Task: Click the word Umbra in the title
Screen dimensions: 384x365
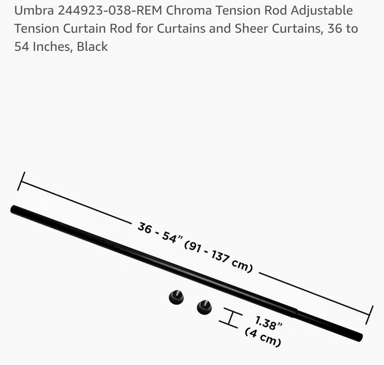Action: pos(34,11)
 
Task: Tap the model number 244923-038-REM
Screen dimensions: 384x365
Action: pos(110,11)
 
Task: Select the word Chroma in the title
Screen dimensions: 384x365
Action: pos(188,11)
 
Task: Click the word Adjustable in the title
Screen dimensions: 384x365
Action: pos(322,11)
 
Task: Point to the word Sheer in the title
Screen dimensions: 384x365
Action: pos(251,29)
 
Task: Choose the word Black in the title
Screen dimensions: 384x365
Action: pos(92,47)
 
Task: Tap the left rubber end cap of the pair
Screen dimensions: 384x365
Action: pos(176,297)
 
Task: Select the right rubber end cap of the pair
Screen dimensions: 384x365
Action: pos(204,307)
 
